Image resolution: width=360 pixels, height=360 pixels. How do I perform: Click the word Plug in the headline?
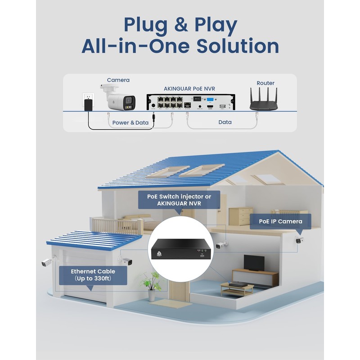pos(143,26)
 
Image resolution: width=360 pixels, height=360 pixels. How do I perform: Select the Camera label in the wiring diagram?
pos(118,80)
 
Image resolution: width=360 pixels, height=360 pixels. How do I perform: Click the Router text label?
pos(265,83)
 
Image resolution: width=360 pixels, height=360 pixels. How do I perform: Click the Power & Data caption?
pos(130,122)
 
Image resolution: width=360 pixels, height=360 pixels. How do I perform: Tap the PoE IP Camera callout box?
pos(280,221)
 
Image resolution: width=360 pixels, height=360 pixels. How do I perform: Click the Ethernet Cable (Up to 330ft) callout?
pos(93,275)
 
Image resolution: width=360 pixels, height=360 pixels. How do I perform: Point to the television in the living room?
pos(254,262)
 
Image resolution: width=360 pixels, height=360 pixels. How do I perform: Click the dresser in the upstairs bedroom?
pos(241,216)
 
